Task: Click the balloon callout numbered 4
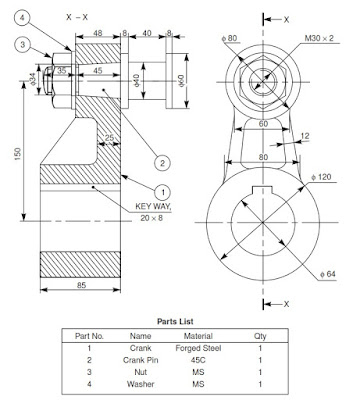24,15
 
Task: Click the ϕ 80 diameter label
231,38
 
